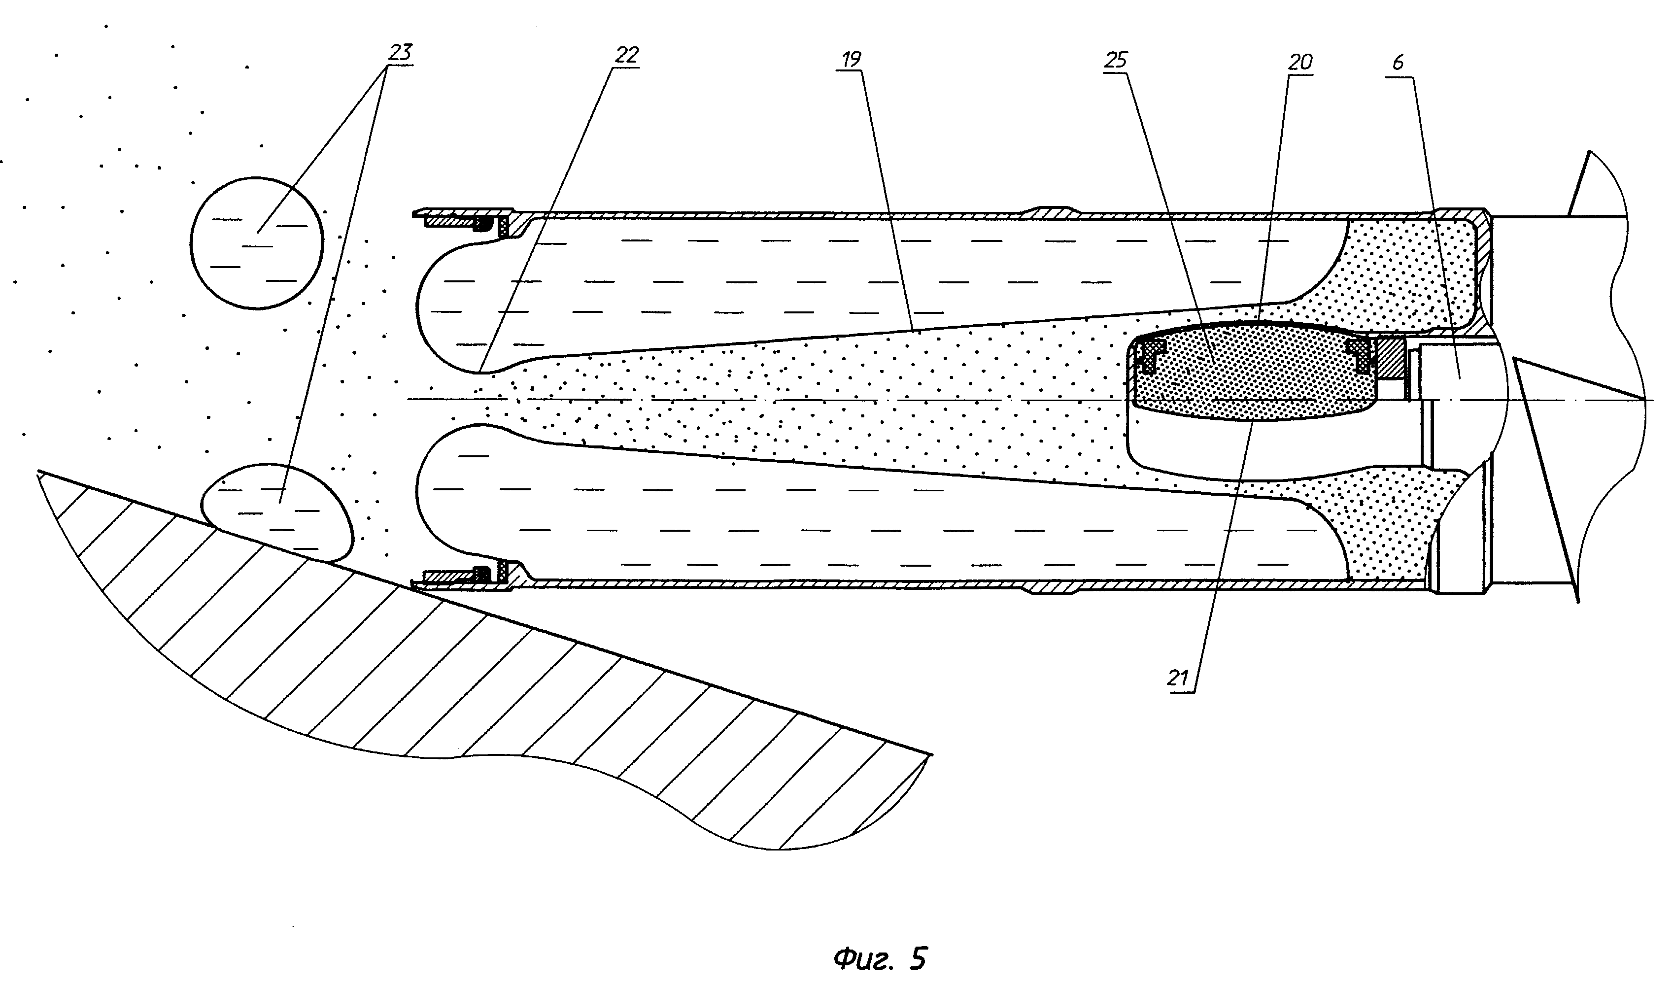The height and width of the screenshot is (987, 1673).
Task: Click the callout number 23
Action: tap(400, 52)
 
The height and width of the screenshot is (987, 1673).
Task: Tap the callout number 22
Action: tap(626, 55)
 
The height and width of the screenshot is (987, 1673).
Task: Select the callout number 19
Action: tap(851, 59)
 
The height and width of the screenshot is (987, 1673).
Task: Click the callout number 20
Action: tap(1300, 63)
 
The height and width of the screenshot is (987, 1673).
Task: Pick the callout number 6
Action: tap(1397, 63)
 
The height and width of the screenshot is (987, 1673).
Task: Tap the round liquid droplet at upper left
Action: tap(257, 243)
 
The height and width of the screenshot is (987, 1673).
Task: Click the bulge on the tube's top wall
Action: tap(1051, 211)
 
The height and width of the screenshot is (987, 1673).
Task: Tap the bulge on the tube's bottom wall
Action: tap(1051, 588)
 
